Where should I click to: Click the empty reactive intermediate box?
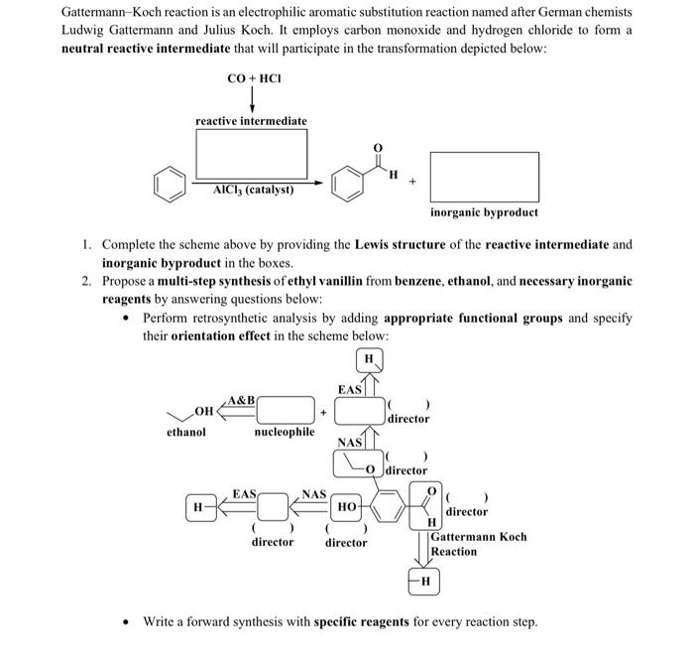pos(251,155)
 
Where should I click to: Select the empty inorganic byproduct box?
pos(485,177)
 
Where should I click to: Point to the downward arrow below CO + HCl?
pos(251,98)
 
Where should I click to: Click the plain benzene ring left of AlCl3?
pos(170,184)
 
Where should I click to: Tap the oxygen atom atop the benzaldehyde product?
pos(377,149)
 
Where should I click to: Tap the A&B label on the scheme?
pos(241,399)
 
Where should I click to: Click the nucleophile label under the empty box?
pos(285,432)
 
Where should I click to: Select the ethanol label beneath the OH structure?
pos(185,432)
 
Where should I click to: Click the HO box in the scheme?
pos(347,506)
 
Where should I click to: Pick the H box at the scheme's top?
pos(369,358)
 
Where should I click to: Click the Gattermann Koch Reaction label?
pos(478,544)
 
